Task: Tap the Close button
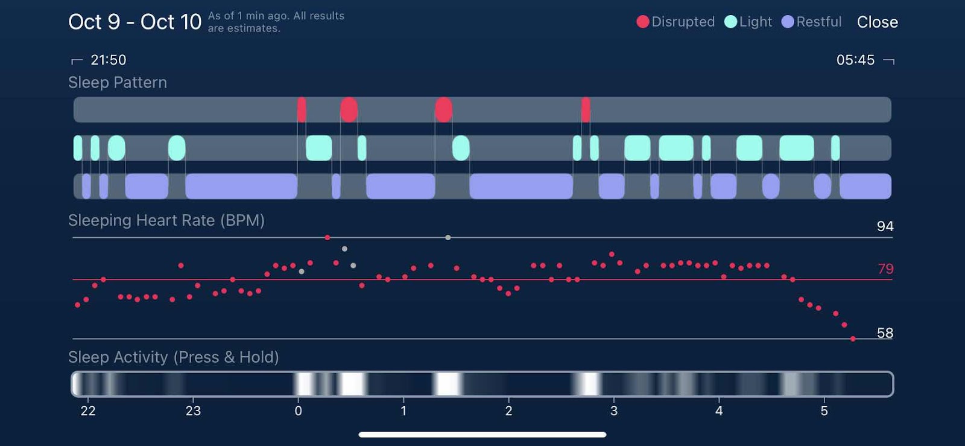point(877,22)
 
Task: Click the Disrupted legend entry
point(675,22)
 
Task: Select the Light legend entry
point(748,22)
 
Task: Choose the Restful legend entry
point(811,22)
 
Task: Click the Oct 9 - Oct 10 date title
point(134,22)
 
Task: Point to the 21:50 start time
point(108,60)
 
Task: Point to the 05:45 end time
point(855,60)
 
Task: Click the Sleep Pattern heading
point(118,83)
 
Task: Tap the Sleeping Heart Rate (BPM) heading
point(166,220)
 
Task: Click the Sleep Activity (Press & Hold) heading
point(174,357)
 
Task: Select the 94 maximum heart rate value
point(885,226)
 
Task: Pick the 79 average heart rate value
point(885,269)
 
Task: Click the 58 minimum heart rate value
point(885,333)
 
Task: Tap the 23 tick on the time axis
point(193,411)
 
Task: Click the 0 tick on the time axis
point(298,411)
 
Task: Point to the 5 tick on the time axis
point(824,411)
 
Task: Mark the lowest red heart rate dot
point(853,339)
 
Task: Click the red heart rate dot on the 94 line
point(327,238)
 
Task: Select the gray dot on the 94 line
point(448,238)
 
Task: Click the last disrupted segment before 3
point(586,110)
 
